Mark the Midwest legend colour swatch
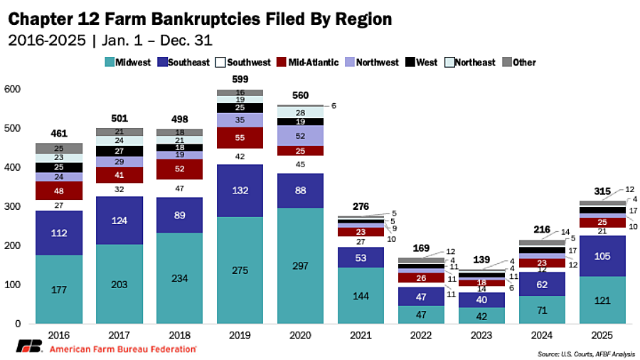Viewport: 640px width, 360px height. click(x=109, y=63)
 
